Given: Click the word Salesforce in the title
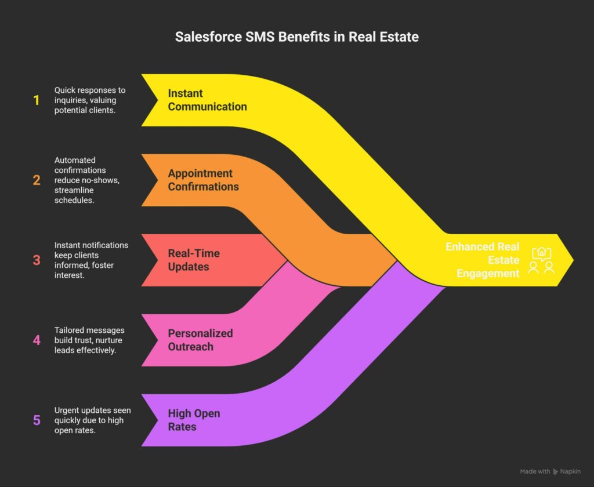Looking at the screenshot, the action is click(208, 37).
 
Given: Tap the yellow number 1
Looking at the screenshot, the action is click(37, 100).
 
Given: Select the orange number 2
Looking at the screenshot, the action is click(37, 180).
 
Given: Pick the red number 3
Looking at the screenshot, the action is click(37, 260).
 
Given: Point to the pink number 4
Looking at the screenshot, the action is click(37, 340).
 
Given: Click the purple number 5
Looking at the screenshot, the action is click(37, 420).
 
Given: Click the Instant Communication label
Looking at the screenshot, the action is click(207, 100).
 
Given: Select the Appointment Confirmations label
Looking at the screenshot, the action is click(204, 180).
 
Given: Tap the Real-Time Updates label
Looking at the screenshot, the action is click(194, 260).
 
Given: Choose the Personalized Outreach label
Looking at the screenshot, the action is click(200, 340).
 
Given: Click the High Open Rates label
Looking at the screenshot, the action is click(194, 420).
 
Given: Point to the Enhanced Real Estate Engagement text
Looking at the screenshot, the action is click(482, 260).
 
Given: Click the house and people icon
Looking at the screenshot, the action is click(541, 260).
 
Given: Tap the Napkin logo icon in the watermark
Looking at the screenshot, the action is click(555, 471).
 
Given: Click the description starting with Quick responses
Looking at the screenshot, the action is click(90, 100).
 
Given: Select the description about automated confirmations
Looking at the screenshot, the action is click(87, 180).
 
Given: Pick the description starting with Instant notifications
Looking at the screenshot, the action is click(91, 260).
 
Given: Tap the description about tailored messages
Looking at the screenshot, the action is click(89, 340).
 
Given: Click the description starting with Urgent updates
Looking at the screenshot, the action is click(92, 420).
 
